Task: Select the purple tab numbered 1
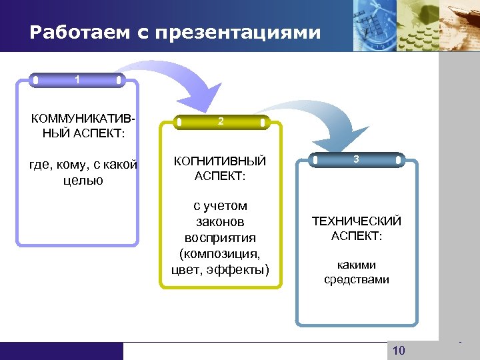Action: tap(77, 80)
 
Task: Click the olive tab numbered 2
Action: tap(221, 122)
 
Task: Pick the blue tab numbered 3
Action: tap(357, 159)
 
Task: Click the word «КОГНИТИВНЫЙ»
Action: tap(220, 161)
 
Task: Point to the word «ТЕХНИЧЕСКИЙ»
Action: tap(357, 221)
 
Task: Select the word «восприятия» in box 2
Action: tap(220, 238)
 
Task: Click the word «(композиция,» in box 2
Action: tap(220, 253)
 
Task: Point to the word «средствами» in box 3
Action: tap(357, 280)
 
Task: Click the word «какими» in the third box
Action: tap(357, 265)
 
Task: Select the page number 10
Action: tap(399, 351)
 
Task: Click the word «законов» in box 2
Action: tap(220, 222)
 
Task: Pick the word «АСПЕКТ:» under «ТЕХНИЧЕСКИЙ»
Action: tap(357, 237)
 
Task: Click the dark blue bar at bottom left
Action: tap(61, 351)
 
